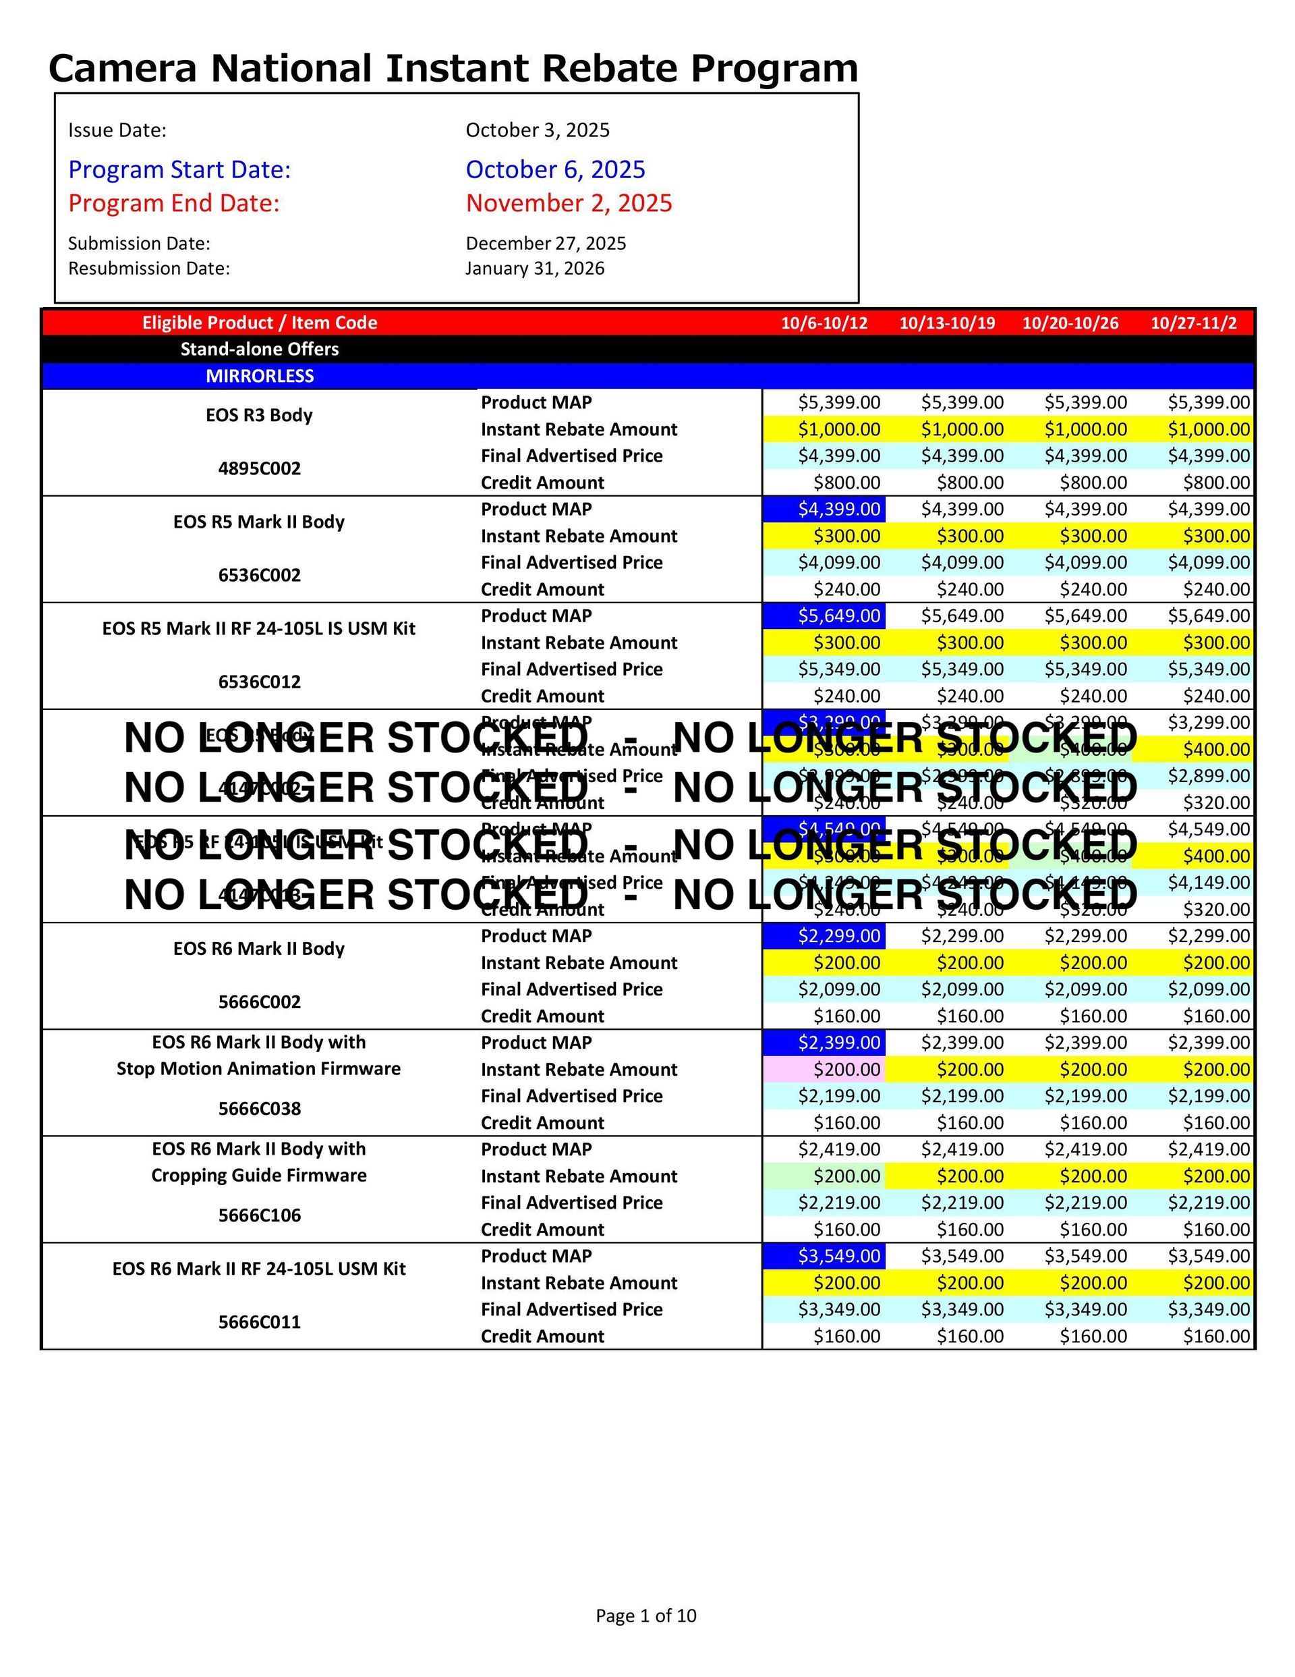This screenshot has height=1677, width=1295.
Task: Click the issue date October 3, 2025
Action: (538, 130)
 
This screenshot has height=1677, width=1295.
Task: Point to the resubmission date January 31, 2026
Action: (534, 268)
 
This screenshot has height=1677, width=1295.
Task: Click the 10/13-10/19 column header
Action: (946, 323)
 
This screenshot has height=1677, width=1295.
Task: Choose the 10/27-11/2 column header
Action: (1193, 323)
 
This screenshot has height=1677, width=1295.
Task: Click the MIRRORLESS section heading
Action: (260, 375)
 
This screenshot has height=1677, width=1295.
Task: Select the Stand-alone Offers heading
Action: (260, 349)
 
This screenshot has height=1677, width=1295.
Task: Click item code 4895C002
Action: (260, 468)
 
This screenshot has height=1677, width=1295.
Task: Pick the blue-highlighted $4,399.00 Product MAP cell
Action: (838, 508)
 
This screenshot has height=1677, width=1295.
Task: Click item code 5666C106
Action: (260, 1215)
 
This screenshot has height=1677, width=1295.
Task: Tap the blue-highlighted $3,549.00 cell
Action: (838, 1255)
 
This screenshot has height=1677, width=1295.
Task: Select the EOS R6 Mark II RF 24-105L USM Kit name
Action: (260, 1269)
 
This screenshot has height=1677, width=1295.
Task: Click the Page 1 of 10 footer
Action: (645, 1616)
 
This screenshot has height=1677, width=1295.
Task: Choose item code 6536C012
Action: (260, 682)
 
